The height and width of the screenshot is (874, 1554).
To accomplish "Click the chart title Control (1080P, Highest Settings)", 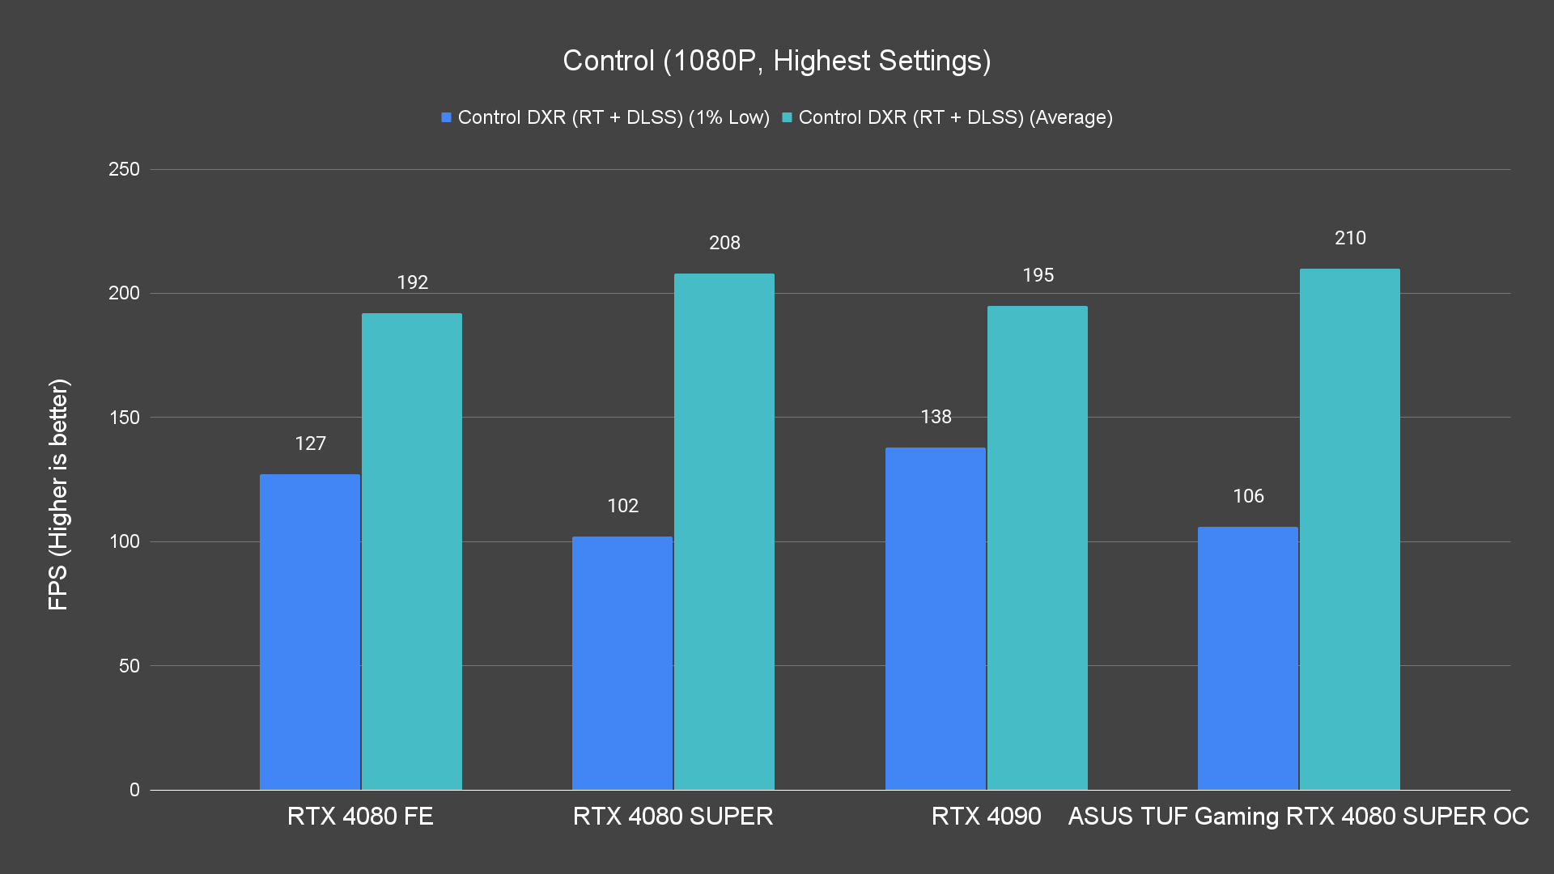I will point(776,61).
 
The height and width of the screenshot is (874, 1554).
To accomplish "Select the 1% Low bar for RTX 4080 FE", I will point(309,631).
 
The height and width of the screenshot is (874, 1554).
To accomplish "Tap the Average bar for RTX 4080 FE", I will point(411,550).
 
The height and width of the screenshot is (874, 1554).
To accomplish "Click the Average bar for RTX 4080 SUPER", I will point(724,531).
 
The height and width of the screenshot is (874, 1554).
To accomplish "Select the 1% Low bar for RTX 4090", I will point(935,618).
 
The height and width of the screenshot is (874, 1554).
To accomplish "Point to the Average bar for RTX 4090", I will point(1037,547).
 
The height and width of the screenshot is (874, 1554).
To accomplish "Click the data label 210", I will point(1350,238).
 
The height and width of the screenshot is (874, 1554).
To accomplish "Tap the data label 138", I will point(936,417).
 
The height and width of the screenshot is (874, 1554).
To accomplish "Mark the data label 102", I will point(622,506).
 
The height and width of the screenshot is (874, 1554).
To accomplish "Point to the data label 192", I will point(412,282).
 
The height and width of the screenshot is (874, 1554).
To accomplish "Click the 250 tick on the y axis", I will point(124,169).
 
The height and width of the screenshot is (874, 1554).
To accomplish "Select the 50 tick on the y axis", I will point(129,666).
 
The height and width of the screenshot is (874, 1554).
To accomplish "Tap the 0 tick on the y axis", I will point(134,790).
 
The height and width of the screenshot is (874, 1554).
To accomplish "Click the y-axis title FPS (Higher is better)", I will point(58,494).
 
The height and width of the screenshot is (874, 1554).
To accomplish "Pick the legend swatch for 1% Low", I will point(446,117).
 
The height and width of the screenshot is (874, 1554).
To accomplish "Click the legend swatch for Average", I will point(787,117).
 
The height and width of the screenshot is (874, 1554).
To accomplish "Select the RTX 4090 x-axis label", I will point(986,816).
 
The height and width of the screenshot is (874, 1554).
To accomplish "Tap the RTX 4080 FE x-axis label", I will point(360,816).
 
